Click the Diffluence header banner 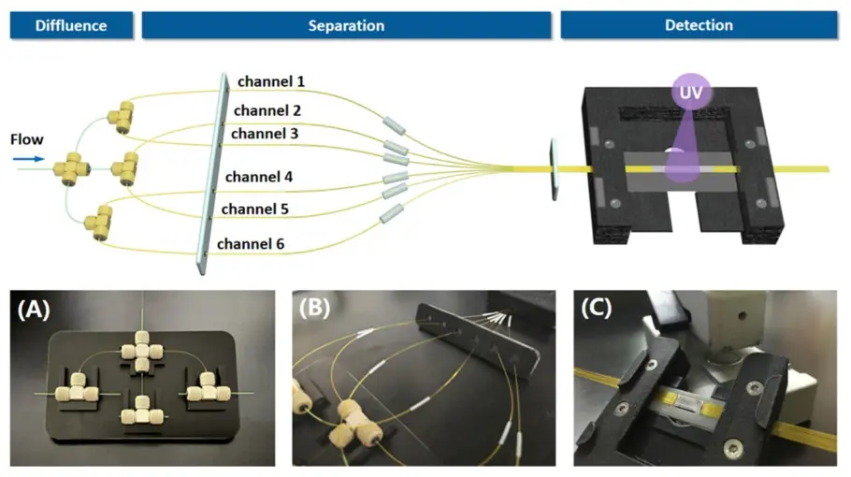[71, 25]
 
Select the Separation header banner [346, 25]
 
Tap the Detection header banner [700, 25]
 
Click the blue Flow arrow [29, 159]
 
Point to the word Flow [26, 139]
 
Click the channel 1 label [271, 81]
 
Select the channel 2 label [267, 110]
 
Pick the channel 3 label [265, 134]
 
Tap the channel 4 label [259, 177]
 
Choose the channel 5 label [254, 209]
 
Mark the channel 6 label [251, 244]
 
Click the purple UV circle [691, 92]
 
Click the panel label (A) [34, 310]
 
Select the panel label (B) [315, 308]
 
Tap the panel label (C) [597, 308]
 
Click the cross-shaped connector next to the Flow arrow [70, 168]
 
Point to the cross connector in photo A [141, 351]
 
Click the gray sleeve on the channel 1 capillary [394, 125]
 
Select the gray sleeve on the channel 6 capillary [391, 214]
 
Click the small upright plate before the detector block [554, 169]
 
